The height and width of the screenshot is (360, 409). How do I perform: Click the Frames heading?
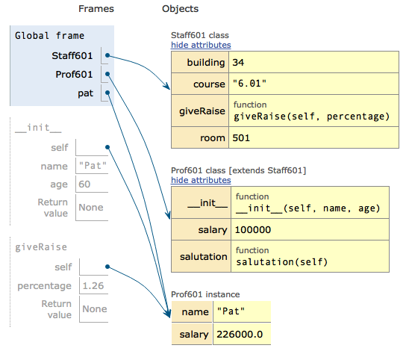point(96,9)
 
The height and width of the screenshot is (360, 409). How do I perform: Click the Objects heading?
point(180,9)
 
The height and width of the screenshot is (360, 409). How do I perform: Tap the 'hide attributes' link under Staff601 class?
point(201,45)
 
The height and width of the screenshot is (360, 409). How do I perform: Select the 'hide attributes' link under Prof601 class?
point(201,180)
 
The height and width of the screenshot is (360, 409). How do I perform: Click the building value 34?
point(238,63)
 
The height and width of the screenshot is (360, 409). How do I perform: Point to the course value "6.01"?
point(249,84)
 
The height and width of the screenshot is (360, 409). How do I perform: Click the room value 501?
point(241,138)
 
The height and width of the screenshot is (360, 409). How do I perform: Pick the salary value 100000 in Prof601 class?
point(253,230)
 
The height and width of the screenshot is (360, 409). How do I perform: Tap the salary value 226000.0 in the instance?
point(240,334)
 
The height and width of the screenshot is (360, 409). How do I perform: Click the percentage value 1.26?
point(93,285)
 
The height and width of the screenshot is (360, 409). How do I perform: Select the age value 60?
point(84,184)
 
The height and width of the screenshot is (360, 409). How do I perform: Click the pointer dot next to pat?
point(107,93)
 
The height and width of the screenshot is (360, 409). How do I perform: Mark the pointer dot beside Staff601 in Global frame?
point(107,55)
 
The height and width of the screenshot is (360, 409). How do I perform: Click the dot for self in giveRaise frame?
point(107,267)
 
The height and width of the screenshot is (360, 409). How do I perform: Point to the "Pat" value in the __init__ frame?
point(93,166)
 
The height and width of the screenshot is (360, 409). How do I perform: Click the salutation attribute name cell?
point(204,256)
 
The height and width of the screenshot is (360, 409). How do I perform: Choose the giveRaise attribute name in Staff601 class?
point(202,111)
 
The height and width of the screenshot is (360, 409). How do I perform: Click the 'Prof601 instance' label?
point(205,294)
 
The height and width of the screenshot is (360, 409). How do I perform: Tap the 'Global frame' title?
point(49,36)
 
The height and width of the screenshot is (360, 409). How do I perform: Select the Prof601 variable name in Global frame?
point(74,75)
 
